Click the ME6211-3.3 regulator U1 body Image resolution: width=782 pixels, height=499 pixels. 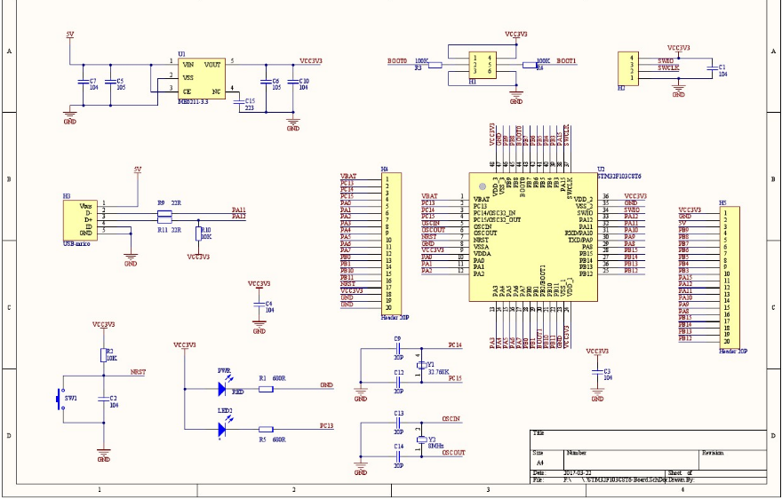(x=201, y=79)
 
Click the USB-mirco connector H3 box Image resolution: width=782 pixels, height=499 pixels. (x=76, y=218)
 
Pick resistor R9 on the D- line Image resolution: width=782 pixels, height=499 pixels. (x=164, y=210)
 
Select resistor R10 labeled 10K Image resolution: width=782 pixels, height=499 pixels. (x=198, y=234)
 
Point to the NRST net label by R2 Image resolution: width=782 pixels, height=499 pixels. (x=138, y=373)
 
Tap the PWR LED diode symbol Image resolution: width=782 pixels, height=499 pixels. (x=222, y=387)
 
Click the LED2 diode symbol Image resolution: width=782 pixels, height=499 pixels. (x=222, y=430)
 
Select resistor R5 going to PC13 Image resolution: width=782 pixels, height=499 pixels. (x=266, y=430)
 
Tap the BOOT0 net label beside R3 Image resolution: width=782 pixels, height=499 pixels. (x=397, y=61)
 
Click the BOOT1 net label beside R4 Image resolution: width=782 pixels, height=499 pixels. (x=566, y=61)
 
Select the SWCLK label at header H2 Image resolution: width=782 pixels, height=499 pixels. (x=668, y=67)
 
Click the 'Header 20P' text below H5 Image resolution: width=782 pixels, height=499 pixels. (x=732, y=351)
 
